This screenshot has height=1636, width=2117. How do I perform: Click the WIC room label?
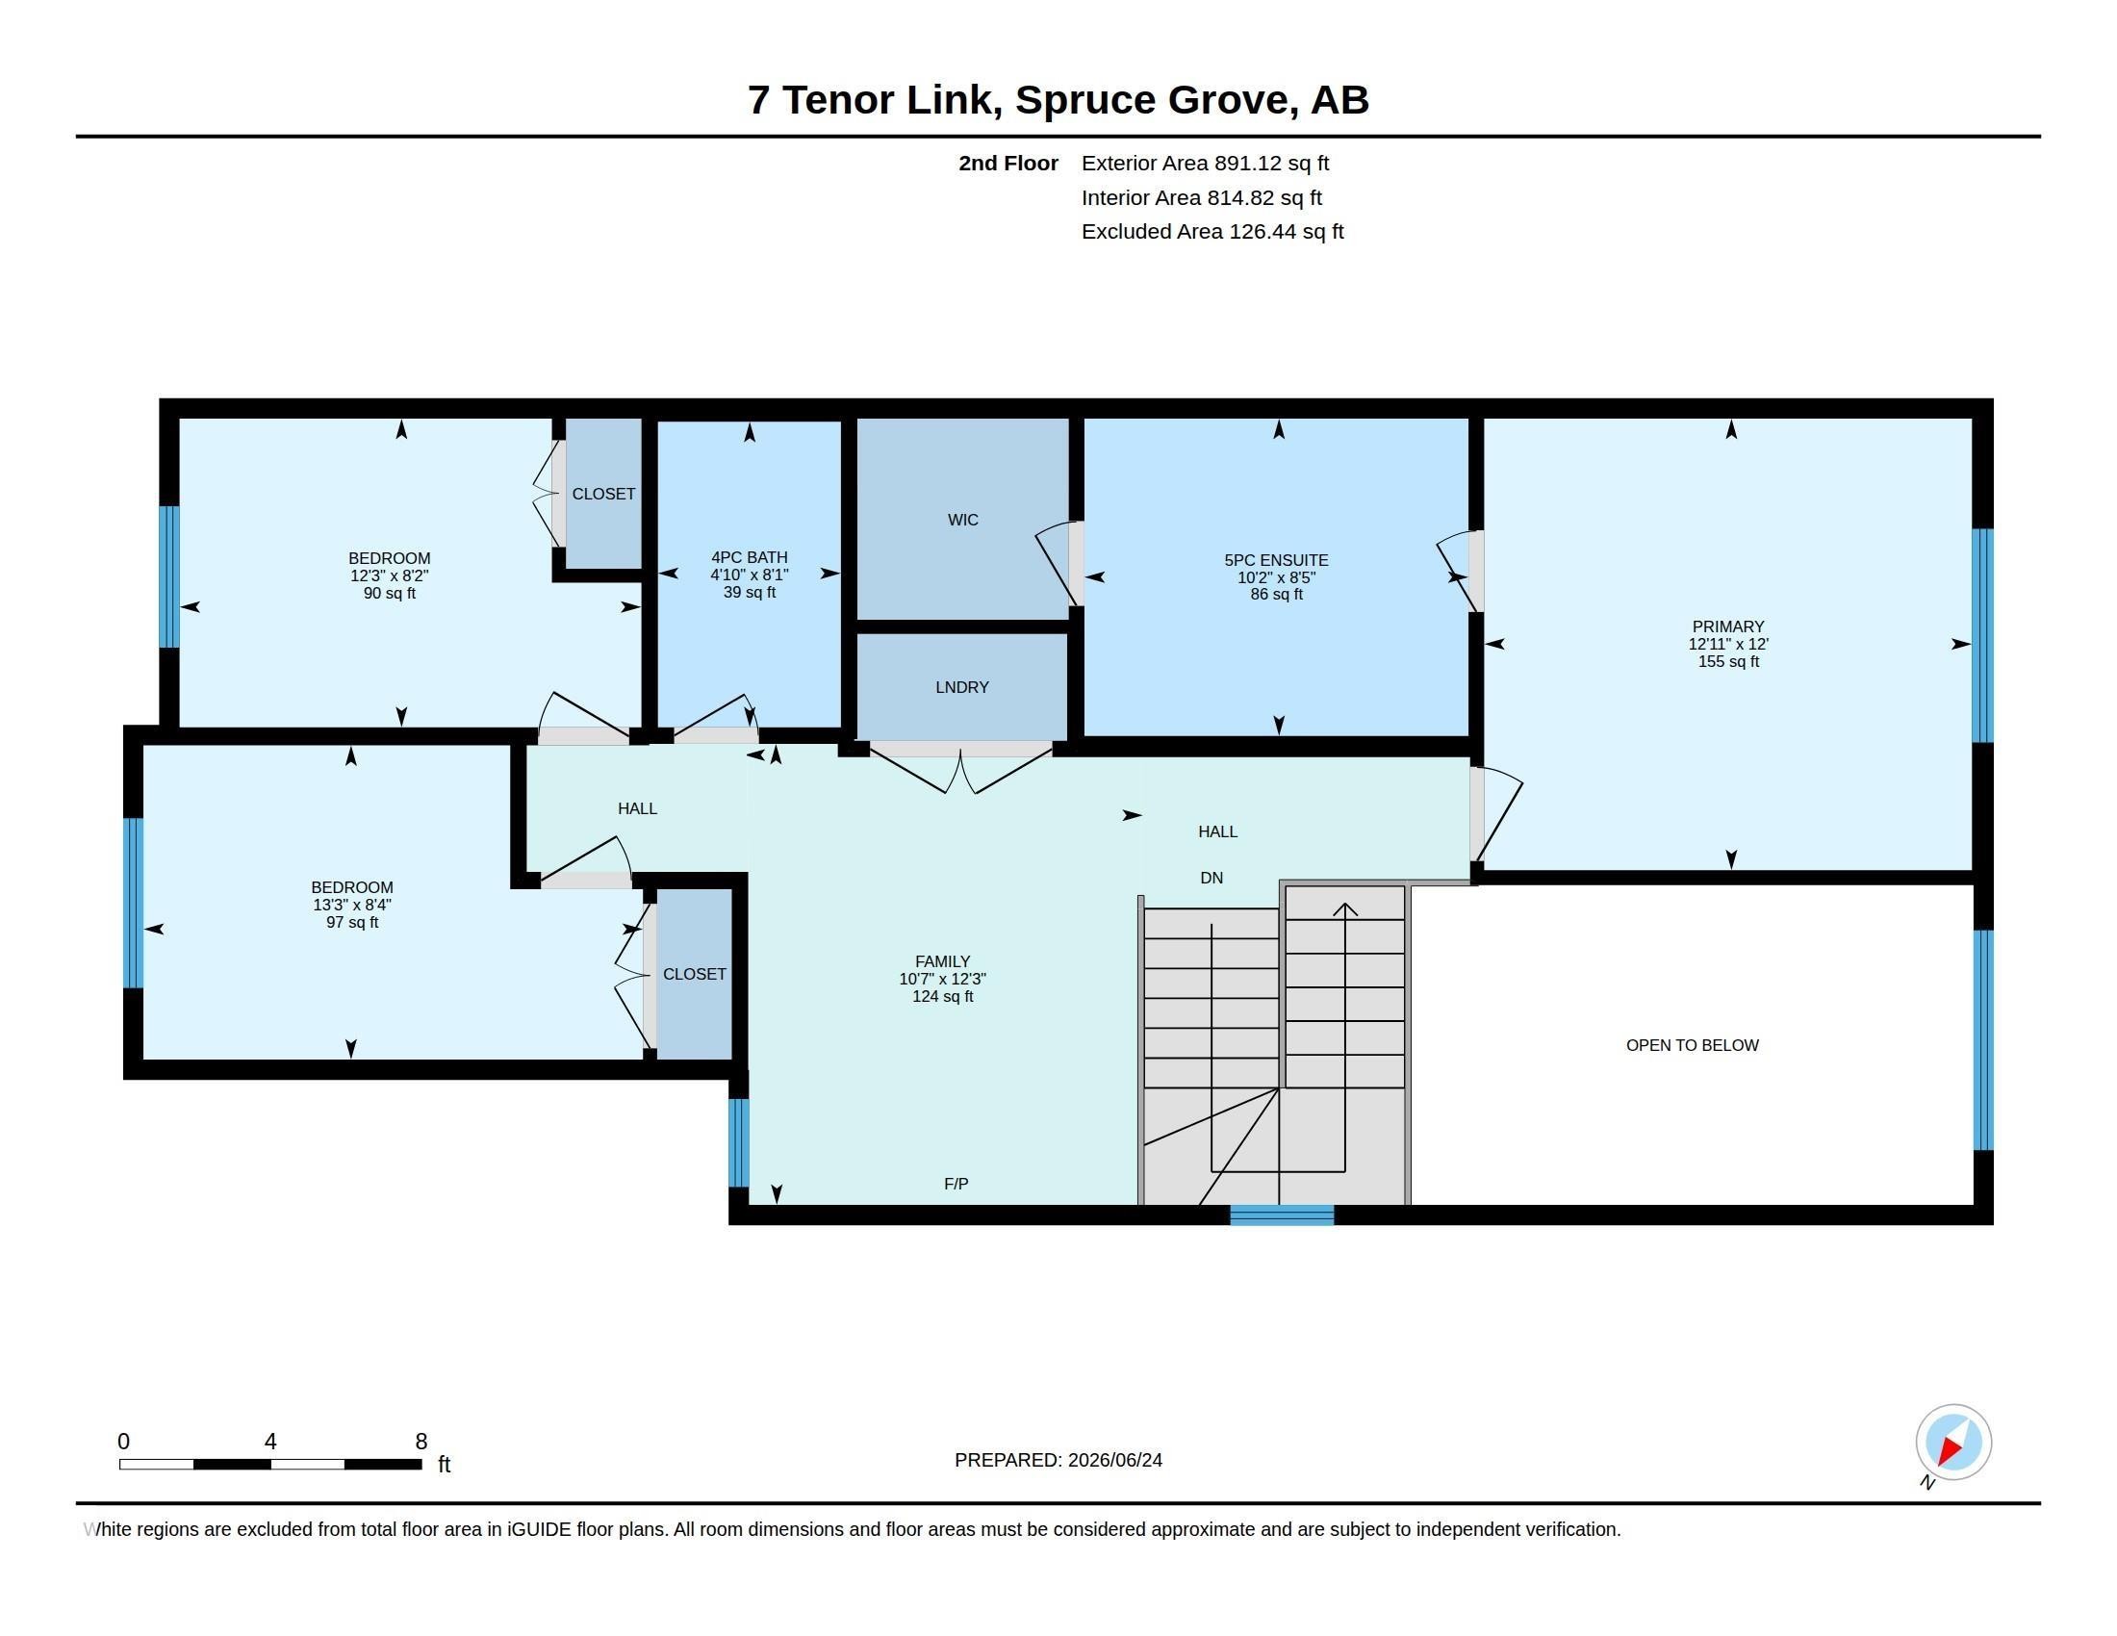coord(962,521)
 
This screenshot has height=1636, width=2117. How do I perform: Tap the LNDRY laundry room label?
coord(962,687)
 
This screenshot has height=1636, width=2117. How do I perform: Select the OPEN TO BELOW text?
coord(1693,1045)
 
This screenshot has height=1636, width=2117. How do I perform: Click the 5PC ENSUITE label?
coord(1277,560)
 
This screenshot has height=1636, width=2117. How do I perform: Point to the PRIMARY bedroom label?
coord(1728,627)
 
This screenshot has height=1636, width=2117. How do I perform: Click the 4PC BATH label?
coord(750,557)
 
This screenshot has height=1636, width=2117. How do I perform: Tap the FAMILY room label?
coord(942,961)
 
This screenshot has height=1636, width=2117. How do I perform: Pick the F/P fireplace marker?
coord(956,1184)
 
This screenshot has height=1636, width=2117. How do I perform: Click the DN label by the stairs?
coord(1212,878)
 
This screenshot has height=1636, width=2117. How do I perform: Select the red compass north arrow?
coord(1951,1449)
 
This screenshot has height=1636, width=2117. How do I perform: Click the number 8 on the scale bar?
coord(421,1442)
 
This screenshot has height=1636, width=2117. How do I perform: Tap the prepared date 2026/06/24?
coord(1114,1460)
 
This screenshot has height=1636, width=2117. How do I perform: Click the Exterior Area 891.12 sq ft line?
coord(1205,164)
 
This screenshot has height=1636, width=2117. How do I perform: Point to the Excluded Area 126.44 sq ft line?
coord(1212,232)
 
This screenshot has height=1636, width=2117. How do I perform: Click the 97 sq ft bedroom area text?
coord(353,923)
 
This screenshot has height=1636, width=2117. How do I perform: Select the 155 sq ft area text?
coord(1728,662)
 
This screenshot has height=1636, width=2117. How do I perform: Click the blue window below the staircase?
coord(1282,1215)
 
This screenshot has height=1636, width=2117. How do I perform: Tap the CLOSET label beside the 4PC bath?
coord(604,495)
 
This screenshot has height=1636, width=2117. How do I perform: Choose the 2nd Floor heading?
coord(1008,164)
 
